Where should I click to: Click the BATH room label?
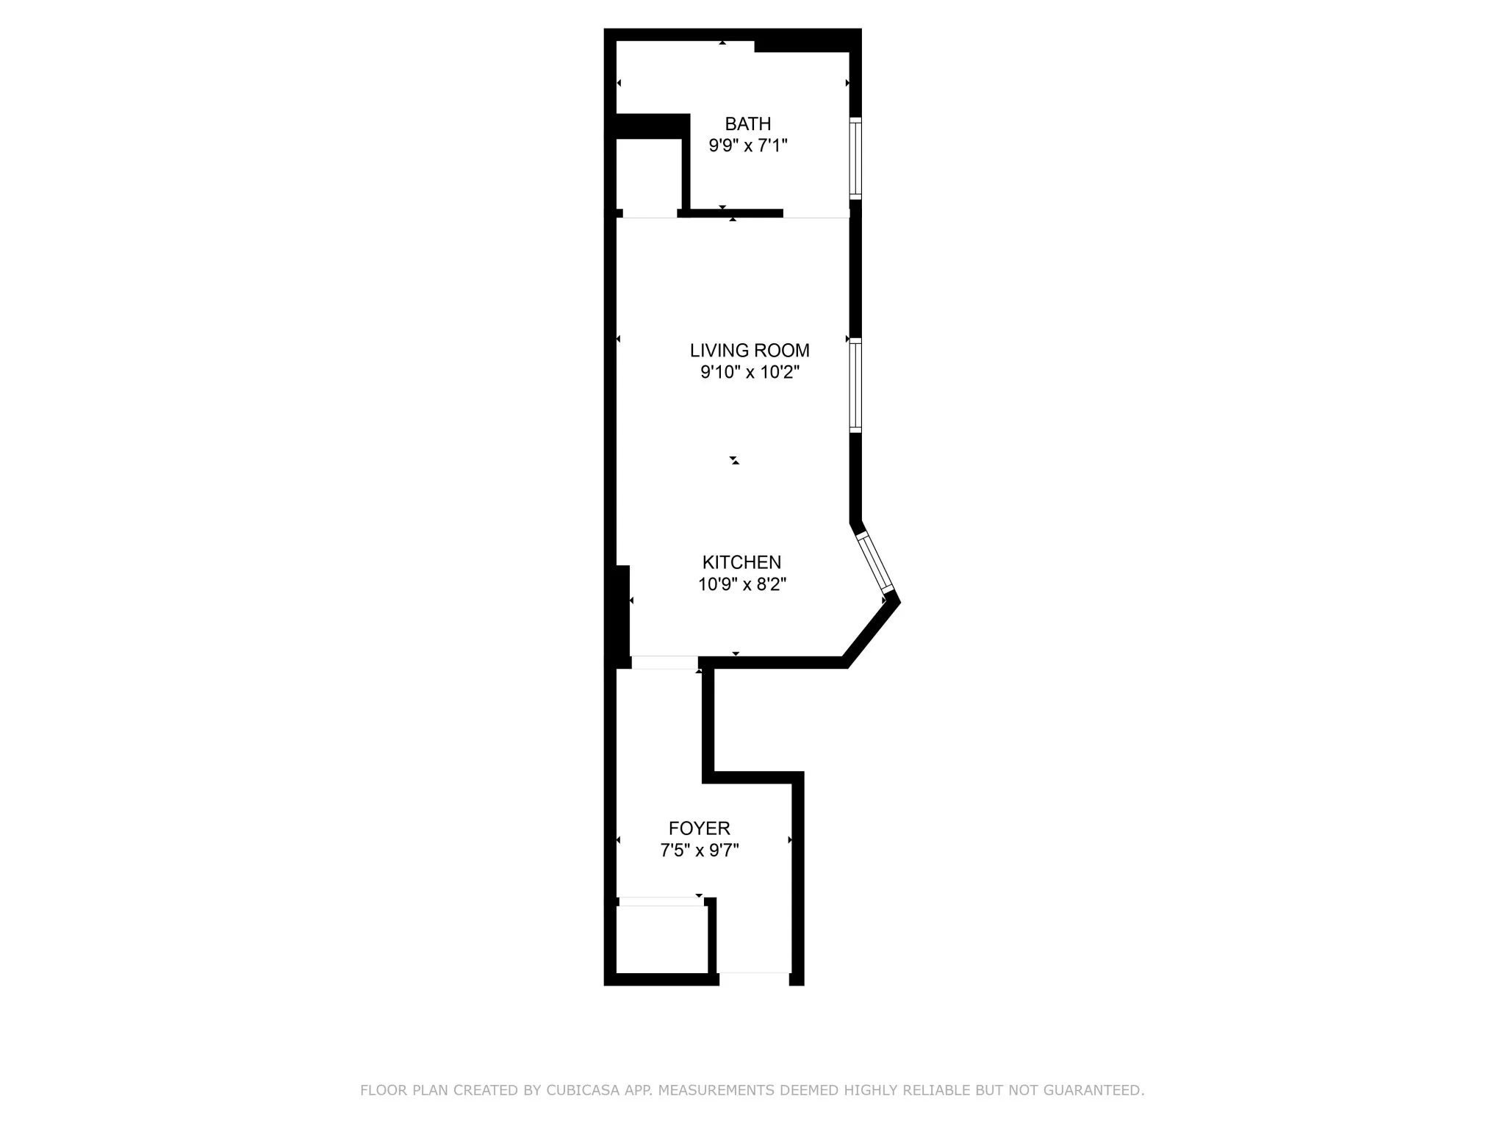pyautogui.click(x=747, y=123)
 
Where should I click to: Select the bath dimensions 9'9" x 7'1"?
pyautogui.click(x=747, y=146)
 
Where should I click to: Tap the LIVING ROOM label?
pyautogui.click(x=749, y=351)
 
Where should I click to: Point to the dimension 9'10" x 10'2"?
pyautogui.click(x=749, y=373)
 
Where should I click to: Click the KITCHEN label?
pyautogui.click(x=741, y=562)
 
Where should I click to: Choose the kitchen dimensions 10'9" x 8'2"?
pyautogui.click(x=741, y=584)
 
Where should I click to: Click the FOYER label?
pyautogui.click(x=699, y=828)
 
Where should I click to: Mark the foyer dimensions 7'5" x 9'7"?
pyautogui.click(x=699, y=850)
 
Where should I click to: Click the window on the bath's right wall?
pyautogui.click(x=855, y=158)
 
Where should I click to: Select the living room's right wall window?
pyautogui.click(x=855, y=385)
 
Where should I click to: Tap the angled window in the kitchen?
pyautogui.click(x=875, y=562)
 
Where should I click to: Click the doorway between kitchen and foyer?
pyautogui.click(x=664, y=662)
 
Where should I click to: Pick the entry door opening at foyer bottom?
pyautogui.click(x=753, y=978)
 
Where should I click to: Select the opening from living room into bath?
pyautogui.click(x=816, y=214)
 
